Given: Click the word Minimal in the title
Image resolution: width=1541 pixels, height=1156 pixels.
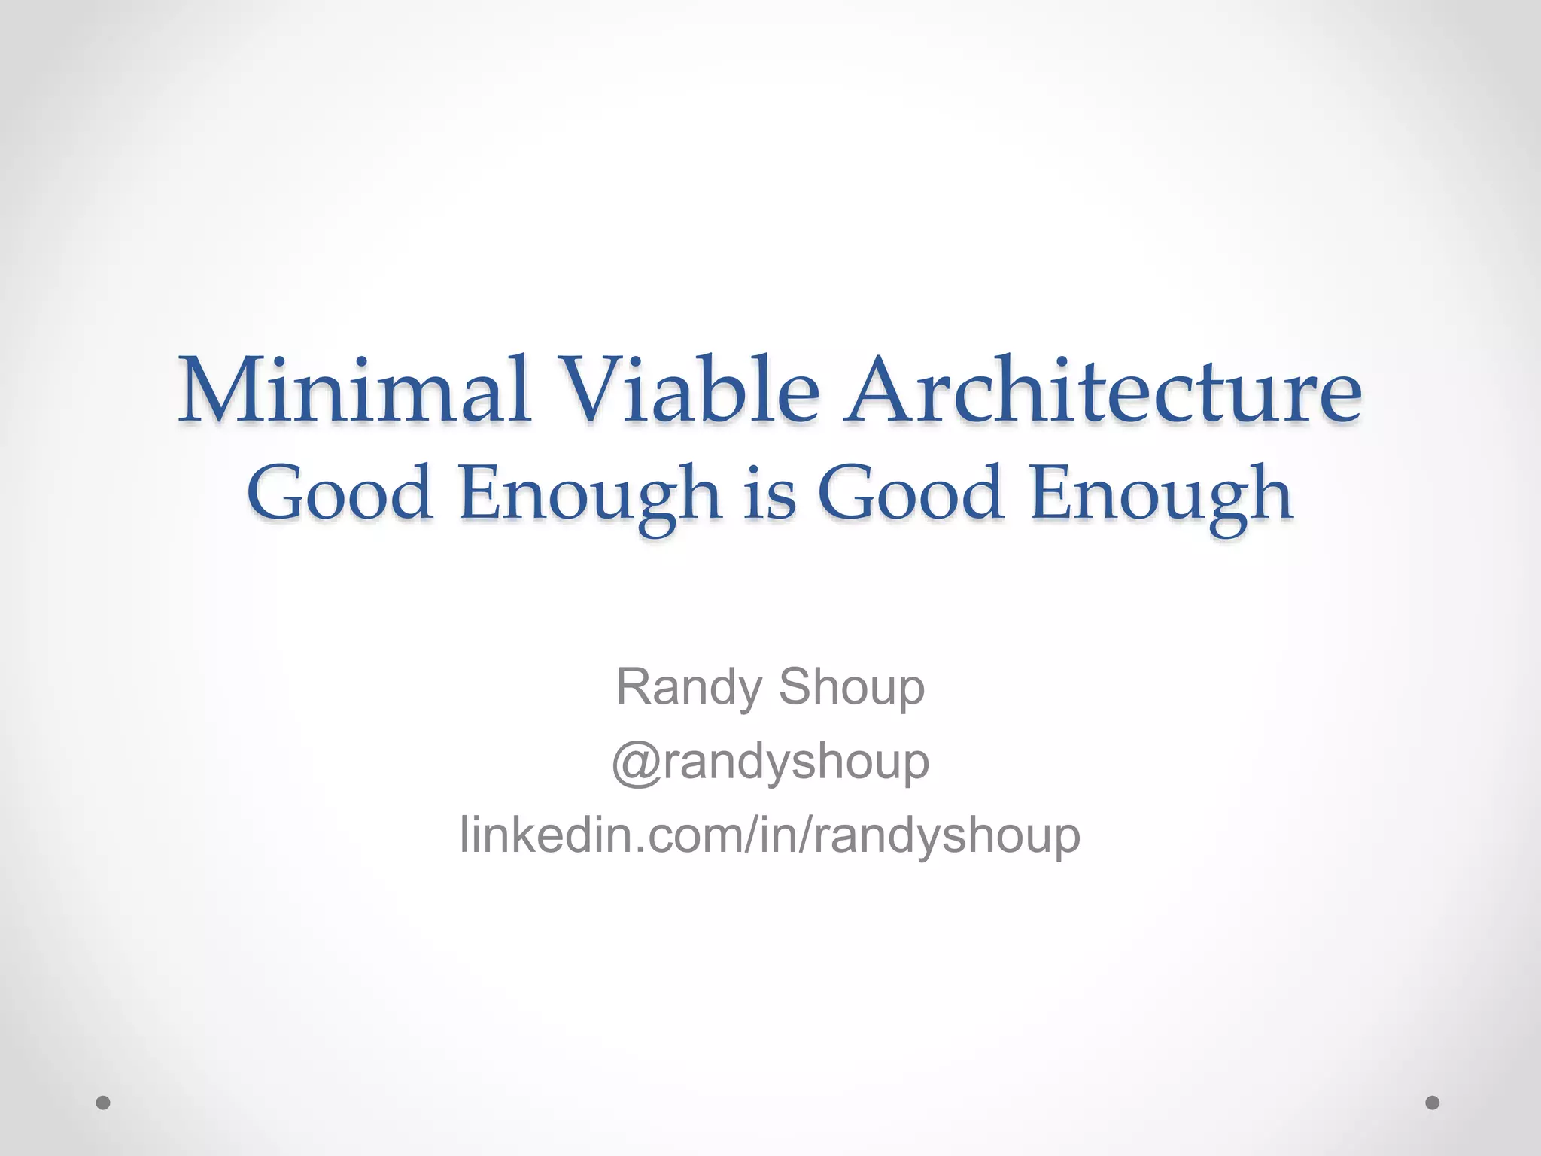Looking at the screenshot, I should (354, 391).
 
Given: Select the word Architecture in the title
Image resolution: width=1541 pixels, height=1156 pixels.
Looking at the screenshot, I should (1103, 391).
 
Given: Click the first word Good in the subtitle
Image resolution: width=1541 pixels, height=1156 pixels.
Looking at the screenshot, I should (340, 494).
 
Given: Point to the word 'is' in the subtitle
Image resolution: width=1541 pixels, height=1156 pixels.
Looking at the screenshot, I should (770, 494).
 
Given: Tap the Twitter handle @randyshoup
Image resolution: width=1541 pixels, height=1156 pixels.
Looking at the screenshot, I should (770, 762).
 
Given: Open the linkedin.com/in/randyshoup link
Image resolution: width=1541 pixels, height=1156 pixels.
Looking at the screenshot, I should (770, 835).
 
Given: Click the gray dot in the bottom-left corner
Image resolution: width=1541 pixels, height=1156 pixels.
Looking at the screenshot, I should (103, 1103).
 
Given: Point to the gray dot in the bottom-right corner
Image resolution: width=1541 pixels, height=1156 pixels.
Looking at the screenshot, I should (1433, 1103).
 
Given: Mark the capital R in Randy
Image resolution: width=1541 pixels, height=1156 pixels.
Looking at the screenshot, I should (634, 686).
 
